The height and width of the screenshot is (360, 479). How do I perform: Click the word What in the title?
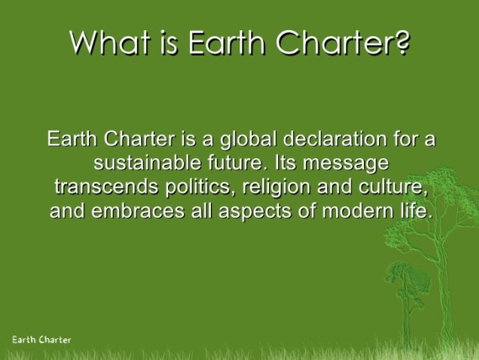(x=110, y=42)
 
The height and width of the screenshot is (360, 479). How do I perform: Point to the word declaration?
(x=334, y=139)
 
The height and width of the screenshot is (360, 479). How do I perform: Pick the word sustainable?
(x=147, y=162)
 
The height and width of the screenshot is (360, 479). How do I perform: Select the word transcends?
(x=107, y=187)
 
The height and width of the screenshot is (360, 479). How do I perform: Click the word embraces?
(x=138, y=211)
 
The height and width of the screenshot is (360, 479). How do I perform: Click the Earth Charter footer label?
(x=41, y=340)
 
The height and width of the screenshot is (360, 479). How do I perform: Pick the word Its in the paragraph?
(x=286, y=162)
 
